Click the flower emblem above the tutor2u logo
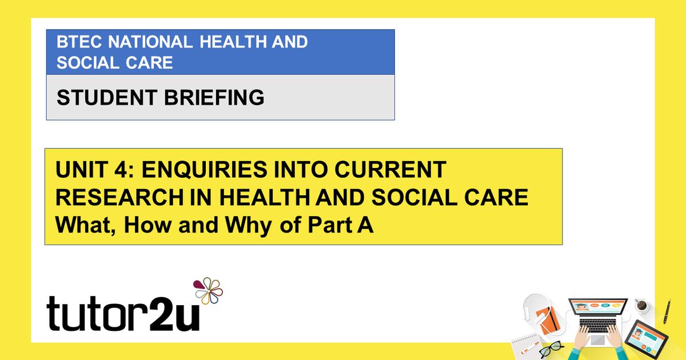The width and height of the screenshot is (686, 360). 208,291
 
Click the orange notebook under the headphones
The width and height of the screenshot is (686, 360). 551,319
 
